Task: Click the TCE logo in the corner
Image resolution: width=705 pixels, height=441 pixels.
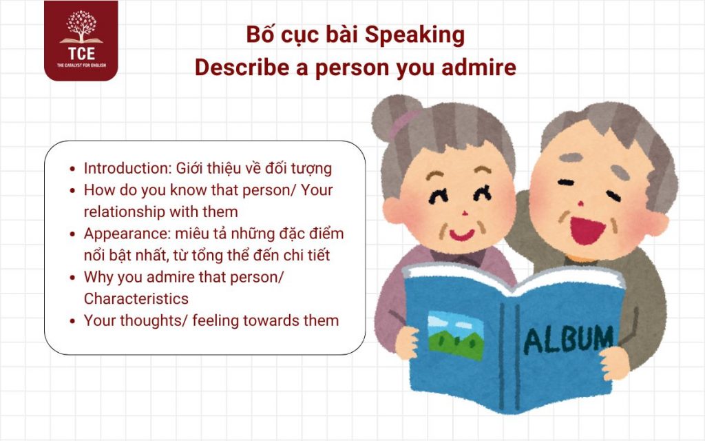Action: (x=81, y=41)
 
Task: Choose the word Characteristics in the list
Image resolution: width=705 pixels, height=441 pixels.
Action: (x=136, y=298)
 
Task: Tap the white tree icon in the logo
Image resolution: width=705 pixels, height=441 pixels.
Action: (x=81, y=25)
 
